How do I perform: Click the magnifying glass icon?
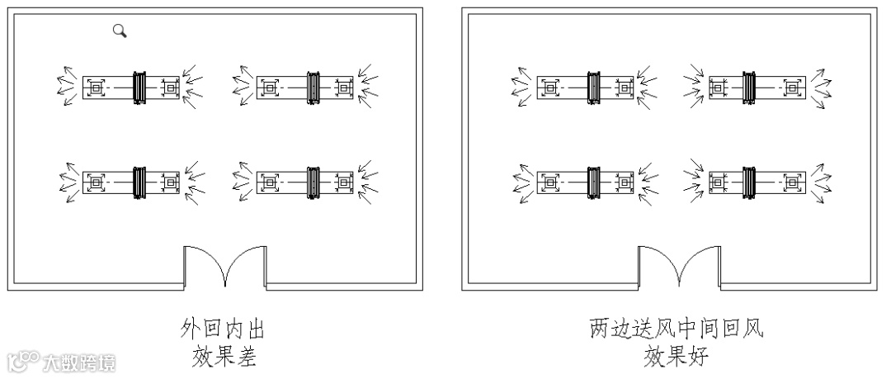point(120,31)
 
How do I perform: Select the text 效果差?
point(223,358)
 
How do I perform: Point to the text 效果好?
point(676,358)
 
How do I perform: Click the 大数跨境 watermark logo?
point(62,362)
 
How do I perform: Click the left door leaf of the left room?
point(202,264)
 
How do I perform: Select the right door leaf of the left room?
point(246,264)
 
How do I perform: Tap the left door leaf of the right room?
point(658,264)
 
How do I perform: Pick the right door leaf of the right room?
point(700,264)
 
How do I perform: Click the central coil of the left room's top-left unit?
point(139,86)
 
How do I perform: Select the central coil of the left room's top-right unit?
point(313,86)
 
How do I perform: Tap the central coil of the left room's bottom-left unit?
point(139,181)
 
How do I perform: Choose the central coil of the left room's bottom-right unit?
point(313,181)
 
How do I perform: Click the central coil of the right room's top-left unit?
point(593,86)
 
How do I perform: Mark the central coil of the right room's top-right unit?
point(749,86)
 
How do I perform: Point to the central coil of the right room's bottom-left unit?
point(593,181)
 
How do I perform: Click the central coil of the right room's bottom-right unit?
point(749,181)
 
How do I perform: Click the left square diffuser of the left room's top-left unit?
point(97,86)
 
